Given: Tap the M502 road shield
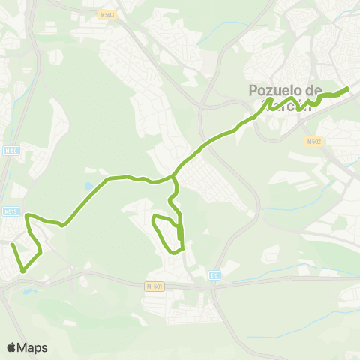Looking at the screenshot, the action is click(x=313, y=140).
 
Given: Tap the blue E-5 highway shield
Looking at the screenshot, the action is click(x=215, y=275).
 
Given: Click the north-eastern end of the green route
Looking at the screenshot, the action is click(x=348, y=90).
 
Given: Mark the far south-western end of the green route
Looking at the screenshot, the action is click(x=12, y=244).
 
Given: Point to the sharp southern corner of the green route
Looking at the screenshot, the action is click(x=23, y=270).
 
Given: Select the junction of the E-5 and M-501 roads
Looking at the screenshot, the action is click(x=210, y=286).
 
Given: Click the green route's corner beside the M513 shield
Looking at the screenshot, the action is click(x=28, y=217).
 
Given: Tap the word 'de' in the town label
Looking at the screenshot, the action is click(x=331, y=90).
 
